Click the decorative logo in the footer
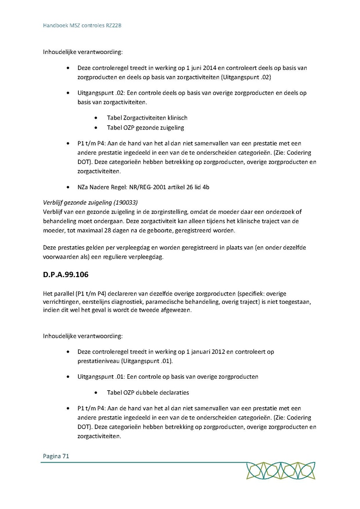[281, 471]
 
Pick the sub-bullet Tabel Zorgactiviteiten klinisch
[147, 118]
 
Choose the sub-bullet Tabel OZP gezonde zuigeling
[145, 128]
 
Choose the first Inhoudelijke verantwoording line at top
[83, 52]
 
